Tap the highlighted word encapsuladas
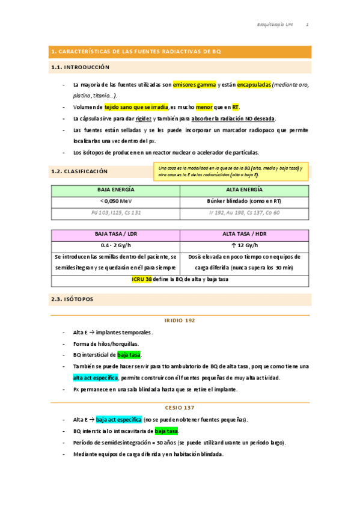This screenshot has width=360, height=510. [254, 85]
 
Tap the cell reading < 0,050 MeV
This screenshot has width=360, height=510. [116, 201]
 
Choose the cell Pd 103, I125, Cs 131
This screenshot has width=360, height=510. [116, 212]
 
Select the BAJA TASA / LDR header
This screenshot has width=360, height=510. [116, 234]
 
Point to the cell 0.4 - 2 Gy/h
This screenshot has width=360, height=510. [116, 245]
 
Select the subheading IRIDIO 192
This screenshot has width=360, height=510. [180, 321]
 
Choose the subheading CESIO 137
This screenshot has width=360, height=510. [180, 407]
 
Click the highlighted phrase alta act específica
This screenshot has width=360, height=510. [96, 378]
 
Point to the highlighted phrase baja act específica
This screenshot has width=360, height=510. [118, 419]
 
